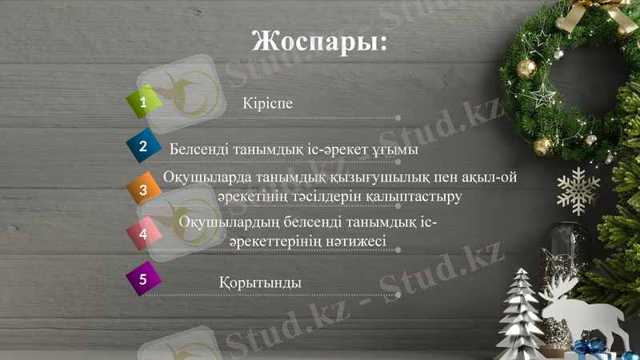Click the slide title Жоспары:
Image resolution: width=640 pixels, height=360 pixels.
click(x=319, y=40)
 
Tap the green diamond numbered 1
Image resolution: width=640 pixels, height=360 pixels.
click(x=144, y=102)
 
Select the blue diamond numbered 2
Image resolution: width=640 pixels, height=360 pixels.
click(x=144, y=146)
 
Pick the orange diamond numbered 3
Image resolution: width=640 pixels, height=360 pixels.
click(x=144, y=190)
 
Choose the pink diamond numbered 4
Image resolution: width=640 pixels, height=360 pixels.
click(x=144, y=234)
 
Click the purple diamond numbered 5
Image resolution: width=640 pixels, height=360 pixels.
click(x=144, y=278)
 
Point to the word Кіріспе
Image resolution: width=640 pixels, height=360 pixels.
click(x=267, y=103)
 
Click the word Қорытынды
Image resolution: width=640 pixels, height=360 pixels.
click(x=259, y=283)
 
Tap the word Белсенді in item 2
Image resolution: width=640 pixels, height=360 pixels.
click(x=198, y=150)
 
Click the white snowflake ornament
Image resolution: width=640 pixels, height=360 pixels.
click(x=578, y=190)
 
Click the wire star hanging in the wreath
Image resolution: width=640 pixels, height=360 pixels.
click(x=544, y=96)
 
